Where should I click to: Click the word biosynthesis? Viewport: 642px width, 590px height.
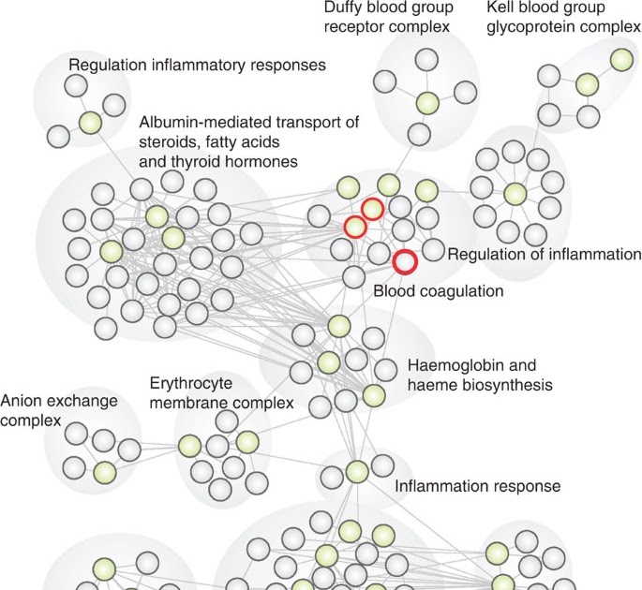(505, 384)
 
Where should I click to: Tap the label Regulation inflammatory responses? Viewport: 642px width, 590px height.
(197, 66)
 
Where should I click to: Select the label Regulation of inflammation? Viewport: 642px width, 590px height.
(544, 255)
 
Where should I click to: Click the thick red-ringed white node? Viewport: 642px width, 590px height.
(405, 261)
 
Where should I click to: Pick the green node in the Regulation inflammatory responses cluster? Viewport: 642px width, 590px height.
(90, 123)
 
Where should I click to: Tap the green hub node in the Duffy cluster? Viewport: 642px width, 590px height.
(427, 104)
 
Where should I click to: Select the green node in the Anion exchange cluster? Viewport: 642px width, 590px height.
(105, 472)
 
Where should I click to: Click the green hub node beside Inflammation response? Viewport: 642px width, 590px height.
(356, 471)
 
